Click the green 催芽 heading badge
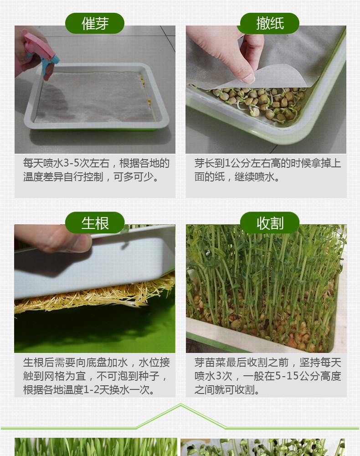[x=95, y=23]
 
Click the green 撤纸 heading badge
[x=270, y=23]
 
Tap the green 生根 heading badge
[x=95, y=223]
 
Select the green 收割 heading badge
[x=270, y=223]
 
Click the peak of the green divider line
[x=181, y=405]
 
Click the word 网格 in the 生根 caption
[x=62, y=376]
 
